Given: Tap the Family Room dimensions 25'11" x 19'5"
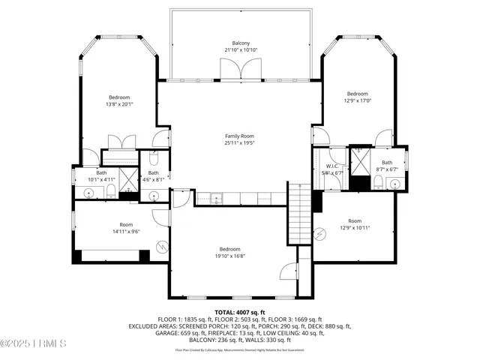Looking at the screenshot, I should pyautogui.click(x=240, y=142).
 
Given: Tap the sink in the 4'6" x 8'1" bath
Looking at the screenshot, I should pyautogui.click(x=154, y=196).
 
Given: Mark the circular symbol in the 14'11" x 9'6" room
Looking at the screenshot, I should pyautogui.click(x=160, y=246).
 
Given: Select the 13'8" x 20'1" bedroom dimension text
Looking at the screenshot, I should pyautogui.click(x=119, y=105).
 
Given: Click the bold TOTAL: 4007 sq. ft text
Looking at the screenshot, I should pyautogui.click(x=240, y=312).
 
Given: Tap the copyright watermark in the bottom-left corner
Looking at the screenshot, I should pyautogui.click(x=34, y=344).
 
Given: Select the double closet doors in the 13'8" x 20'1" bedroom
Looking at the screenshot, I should pyautogui.click(x=121, y=142).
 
